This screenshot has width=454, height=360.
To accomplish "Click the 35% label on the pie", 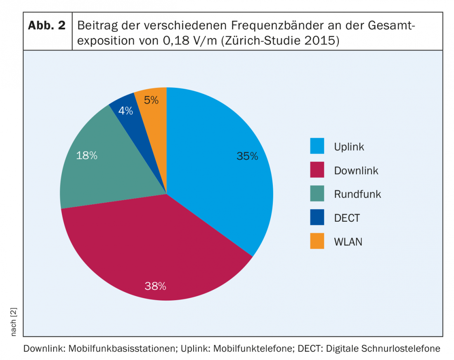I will click(x=247, y=156).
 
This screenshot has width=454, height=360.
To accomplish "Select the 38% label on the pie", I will click(x=155, y=286).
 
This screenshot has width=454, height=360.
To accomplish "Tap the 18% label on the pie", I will click(x=87, y=156).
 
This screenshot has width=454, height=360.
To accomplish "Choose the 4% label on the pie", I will click(x=125, y=111).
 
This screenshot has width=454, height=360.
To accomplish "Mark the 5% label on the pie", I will click(x=151, y=100).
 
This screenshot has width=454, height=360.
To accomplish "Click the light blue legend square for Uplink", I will click(x=317, y=146).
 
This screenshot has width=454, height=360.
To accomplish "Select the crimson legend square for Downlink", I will click(x=317, y=170).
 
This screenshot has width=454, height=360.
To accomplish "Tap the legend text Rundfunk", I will click(x=357, y=194).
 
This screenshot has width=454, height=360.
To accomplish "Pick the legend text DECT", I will click(x=347, y=218).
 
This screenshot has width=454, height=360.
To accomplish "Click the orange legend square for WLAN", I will click(x=317, y=242).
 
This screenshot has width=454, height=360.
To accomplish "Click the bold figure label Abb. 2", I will click(x=47, y=26).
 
